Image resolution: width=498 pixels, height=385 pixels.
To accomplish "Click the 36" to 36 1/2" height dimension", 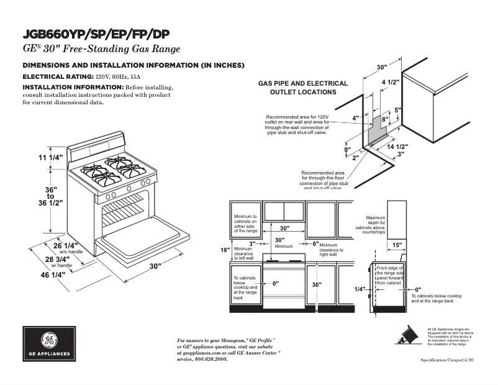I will (51, 195).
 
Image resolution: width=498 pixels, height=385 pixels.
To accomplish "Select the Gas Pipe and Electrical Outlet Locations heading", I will (302, 88).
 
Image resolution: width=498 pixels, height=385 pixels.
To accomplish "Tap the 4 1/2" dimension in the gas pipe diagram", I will (390, 82).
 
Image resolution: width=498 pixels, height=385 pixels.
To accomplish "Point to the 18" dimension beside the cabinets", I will (225, 250).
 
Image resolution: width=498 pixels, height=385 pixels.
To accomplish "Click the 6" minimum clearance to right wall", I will (315, 244).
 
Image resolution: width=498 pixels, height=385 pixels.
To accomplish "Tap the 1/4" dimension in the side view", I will (360, 289).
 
